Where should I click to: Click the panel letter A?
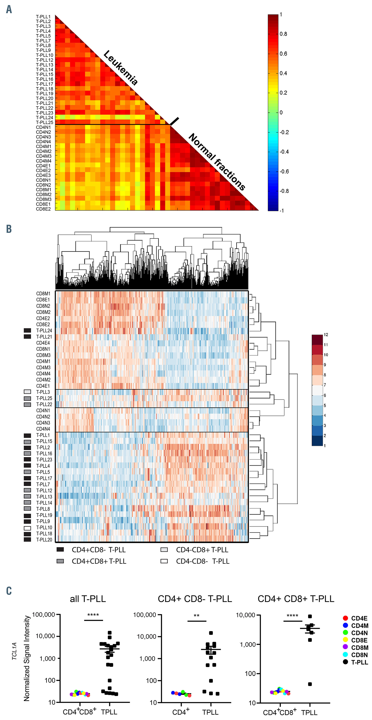coord(9,9)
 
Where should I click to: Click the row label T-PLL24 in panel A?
coord(44,118)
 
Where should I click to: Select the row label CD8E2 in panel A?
coord(43,209)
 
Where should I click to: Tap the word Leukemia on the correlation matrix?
coord(120,68)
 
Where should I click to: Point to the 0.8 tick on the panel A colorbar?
coord(283,34)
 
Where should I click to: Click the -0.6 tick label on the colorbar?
coord(284,172)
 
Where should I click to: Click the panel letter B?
coord(9,229)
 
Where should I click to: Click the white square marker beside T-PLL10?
coord(27,528)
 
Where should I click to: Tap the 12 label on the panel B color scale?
coord(326,335)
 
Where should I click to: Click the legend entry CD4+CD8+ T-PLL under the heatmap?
coord(99,561)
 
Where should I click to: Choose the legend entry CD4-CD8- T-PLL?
coord(202,561)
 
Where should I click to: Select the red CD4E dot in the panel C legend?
coord(345,618)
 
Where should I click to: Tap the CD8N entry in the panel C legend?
coord(359,655)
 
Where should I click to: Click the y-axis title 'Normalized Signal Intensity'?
coord(27,658)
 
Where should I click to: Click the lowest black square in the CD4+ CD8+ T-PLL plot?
coord(310,684)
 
